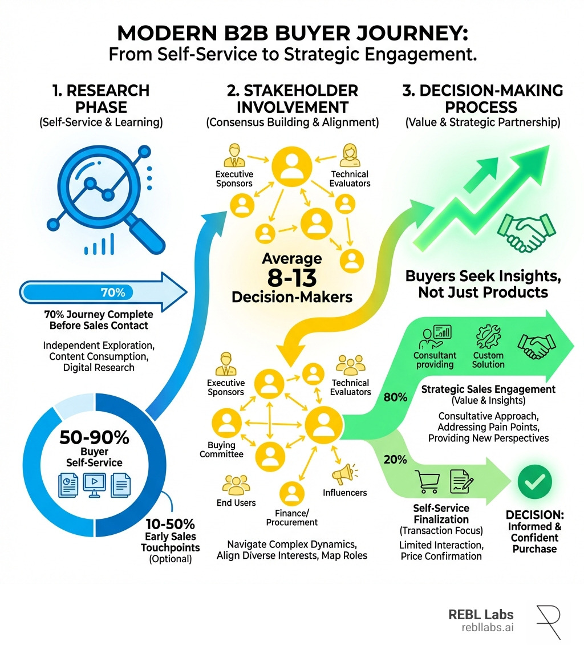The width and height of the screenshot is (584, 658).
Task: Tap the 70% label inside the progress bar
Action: tap(112, 293)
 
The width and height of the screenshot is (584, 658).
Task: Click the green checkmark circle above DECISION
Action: tap(534, 482)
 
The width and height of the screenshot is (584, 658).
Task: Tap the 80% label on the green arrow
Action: tap(395, 397)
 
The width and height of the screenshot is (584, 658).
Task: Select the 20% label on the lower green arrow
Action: tap(395, 459)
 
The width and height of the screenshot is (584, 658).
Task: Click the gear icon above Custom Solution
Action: tap(488, 340)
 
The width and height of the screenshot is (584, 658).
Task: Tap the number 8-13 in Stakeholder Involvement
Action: tap(291, 279)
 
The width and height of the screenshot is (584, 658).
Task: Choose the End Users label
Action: tap(236, 502)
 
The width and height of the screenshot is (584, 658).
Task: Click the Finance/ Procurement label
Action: tap(291, 517)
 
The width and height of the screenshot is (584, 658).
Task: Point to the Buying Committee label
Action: tap(225, 449)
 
